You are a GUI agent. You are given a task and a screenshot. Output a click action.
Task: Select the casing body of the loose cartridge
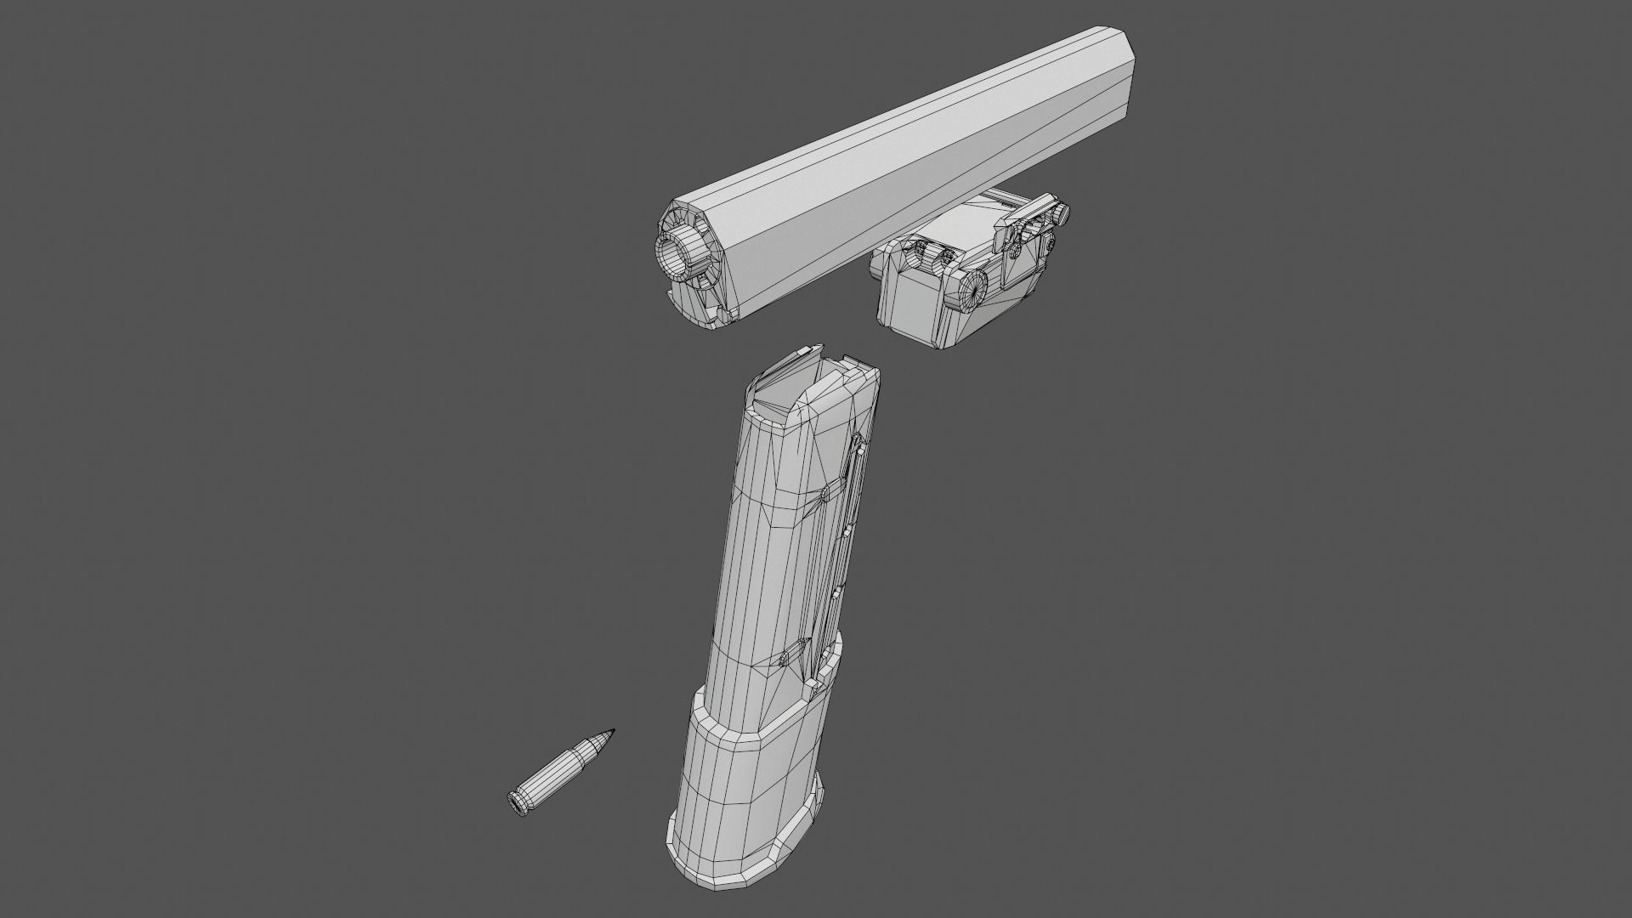tap(552, 775)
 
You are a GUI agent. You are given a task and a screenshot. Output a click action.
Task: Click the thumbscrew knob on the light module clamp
tap(1062, 214)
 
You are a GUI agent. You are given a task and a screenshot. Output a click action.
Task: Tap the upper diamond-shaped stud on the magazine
tap(824, 494)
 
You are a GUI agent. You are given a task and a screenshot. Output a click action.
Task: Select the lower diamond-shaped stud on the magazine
tap(790, 655)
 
